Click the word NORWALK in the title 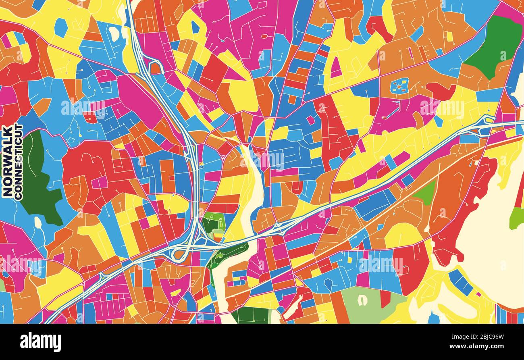point(7,161)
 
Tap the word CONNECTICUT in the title point(19,161)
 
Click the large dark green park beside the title point(38,181)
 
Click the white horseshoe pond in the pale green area point(363,300)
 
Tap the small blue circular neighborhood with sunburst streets point(399,85)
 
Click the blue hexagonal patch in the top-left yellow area point(61,27)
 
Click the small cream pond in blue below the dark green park point(38,222)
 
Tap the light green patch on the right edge point(516,218)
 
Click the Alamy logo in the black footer point(40,342)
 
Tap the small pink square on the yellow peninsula point(478,294)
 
